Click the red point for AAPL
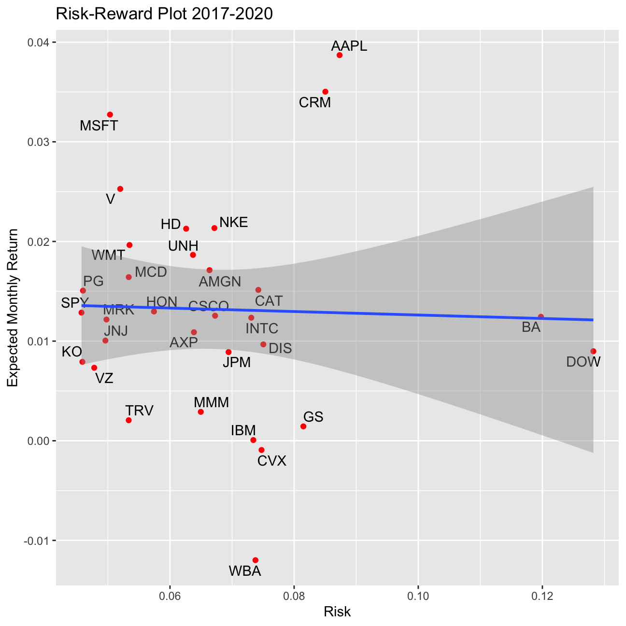tap(340, 55)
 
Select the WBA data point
tap(256, 560)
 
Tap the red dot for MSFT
tap(110, 114)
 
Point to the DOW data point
tap(593, 351)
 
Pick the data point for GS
tap(303, 427)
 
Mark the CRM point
tap(326, 92)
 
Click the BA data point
tap(541, 317)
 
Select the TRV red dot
tap(128, 420)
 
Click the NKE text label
tap(234, 223)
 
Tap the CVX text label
tap(272, 461)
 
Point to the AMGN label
tap(220, 282)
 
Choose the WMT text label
tap(108, 256)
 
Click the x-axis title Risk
tap(337, 612)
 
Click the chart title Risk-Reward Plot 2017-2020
tap(165, 14)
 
